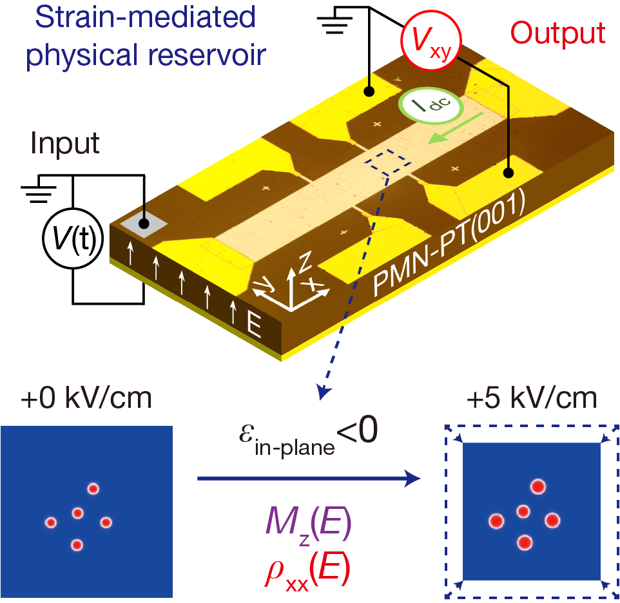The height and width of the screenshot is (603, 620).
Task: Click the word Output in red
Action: coord(558,32)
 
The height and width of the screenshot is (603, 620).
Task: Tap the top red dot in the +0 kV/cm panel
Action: coord(93,488)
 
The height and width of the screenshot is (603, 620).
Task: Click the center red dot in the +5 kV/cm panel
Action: coord(523,512)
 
